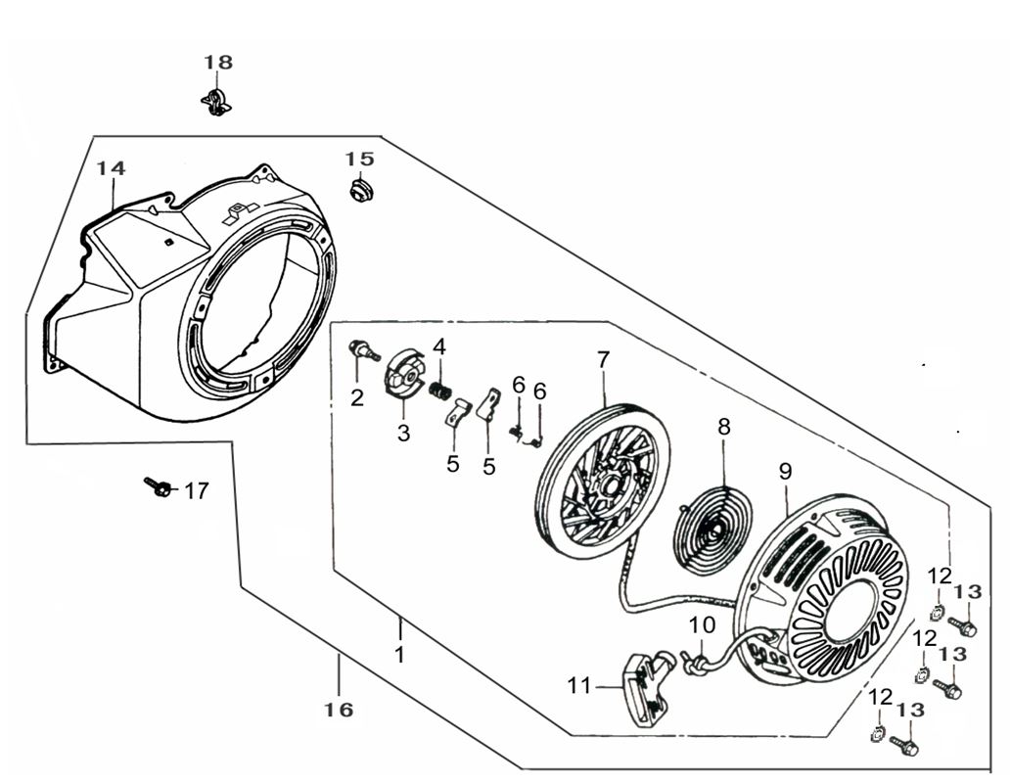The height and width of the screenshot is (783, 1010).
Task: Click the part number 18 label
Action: [218, 63]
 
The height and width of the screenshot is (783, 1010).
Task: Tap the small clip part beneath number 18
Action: [216, 100]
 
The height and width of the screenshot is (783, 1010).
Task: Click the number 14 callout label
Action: [112, 169]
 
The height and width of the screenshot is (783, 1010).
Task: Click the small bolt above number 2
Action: [365, 349]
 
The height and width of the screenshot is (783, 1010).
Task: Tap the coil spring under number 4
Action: [441, 390]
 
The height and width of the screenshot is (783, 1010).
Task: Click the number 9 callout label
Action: [785, 471]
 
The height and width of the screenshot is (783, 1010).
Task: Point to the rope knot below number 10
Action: [699, 663]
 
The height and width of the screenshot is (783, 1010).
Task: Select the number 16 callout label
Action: [340, 710]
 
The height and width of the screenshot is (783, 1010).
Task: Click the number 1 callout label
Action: [399, 654]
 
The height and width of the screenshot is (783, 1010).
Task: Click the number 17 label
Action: [197, 490]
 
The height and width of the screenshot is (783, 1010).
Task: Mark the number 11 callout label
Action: [579, 686]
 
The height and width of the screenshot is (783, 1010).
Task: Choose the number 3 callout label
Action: [403, 434]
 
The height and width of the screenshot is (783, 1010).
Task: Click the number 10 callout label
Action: [703, 624]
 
